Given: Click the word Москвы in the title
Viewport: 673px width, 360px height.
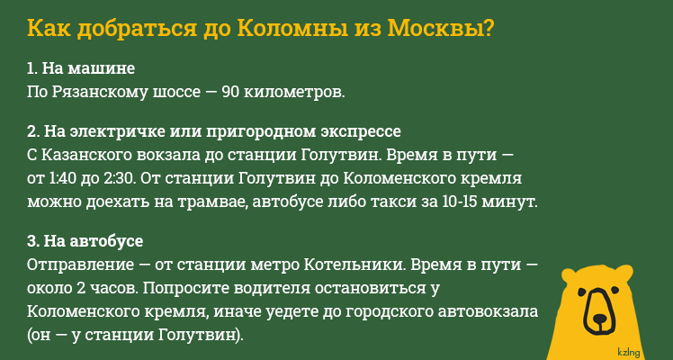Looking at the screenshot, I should click(x=438, y=27).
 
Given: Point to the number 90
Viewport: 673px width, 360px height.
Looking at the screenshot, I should click(x=230, y=91).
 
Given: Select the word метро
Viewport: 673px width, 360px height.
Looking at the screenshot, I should click(x=273, y=266).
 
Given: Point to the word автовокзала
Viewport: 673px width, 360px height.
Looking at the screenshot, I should click(x=490, y=311).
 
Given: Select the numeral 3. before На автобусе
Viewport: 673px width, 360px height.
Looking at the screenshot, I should click(x=32, y=243).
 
